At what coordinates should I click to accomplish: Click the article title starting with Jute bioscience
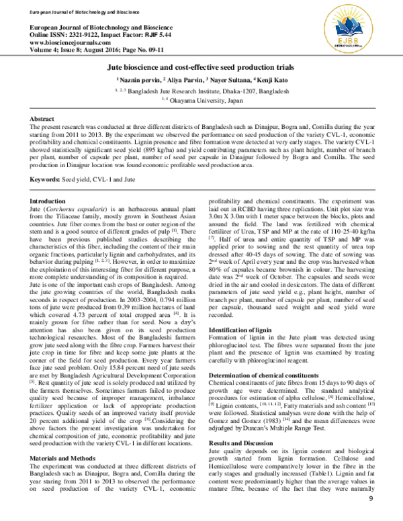tap(201, 68)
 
